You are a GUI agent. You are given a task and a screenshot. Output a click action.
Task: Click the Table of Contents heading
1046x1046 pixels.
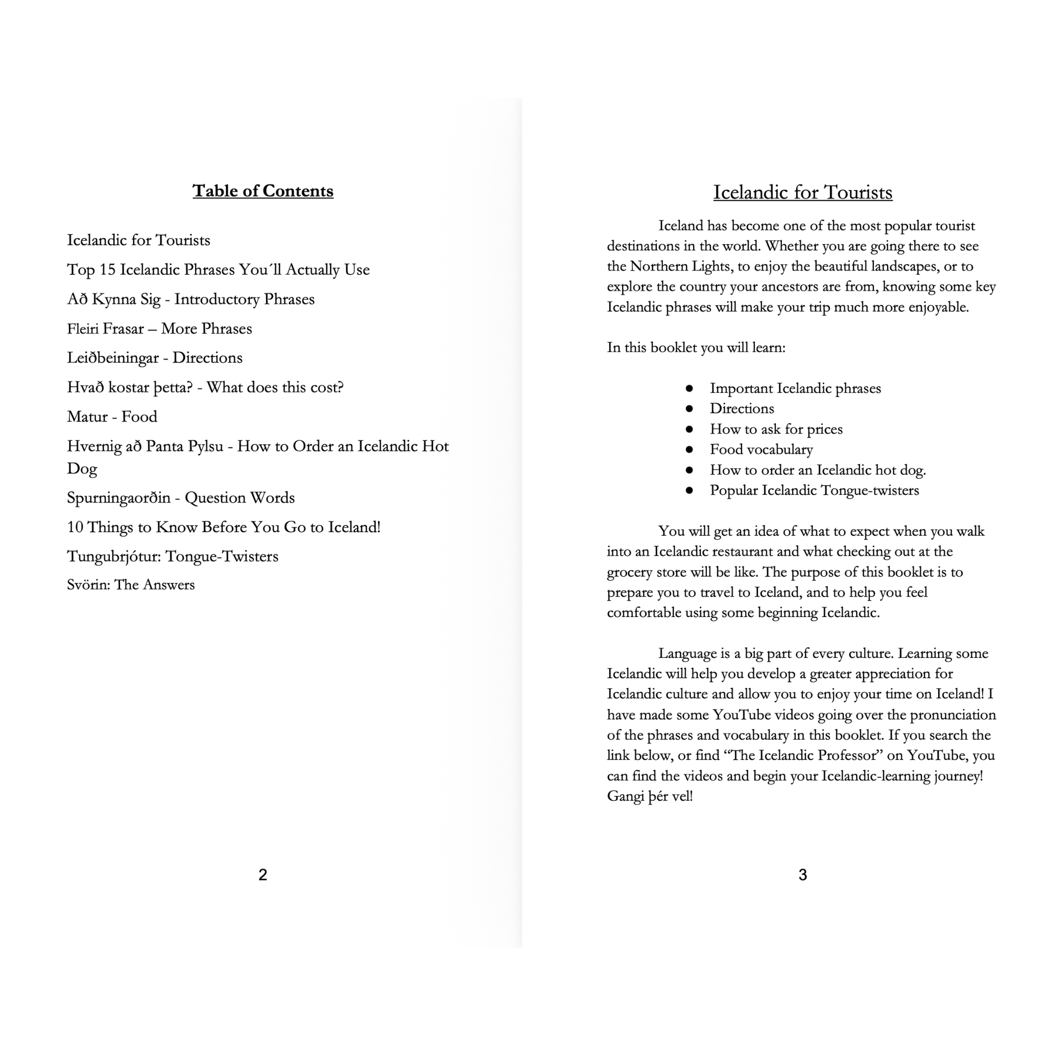263,191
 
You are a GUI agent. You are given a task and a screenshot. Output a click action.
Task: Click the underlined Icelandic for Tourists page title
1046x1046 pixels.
802,193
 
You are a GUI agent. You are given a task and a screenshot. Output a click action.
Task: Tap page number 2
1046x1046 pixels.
263,874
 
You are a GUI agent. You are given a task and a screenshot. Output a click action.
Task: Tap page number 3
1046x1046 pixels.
802,874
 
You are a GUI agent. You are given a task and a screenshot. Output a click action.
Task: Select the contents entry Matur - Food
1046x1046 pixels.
112,416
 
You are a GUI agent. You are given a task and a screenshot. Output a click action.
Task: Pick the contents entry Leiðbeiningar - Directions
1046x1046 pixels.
154,358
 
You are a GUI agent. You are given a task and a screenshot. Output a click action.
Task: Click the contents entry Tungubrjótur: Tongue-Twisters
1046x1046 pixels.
172,557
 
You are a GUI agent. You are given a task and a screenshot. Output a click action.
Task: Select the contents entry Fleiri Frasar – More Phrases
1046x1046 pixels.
159,328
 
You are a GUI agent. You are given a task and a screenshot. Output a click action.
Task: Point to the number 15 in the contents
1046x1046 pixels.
107,270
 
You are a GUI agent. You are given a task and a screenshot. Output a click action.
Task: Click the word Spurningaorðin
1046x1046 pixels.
118,497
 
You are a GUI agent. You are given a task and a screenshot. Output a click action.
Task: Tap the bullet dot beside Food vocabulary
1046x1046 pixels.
689,449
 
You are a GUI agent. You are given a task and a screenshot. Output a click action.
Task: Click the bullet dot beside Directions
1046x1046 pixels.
689,409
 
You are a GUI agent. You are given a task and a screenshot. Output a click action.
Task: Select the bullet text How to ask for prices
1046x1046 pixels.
776,430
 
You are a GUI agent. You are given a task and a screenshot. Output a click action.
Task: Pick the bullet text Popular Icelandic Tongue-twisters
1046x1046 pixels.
814,490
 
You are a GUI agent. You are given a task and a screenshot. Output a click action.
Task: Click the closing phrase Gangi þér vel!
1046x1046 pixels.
650,796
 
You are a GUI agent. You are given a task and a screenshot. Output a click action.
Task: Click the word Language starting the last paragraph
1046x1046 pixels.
687,653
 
